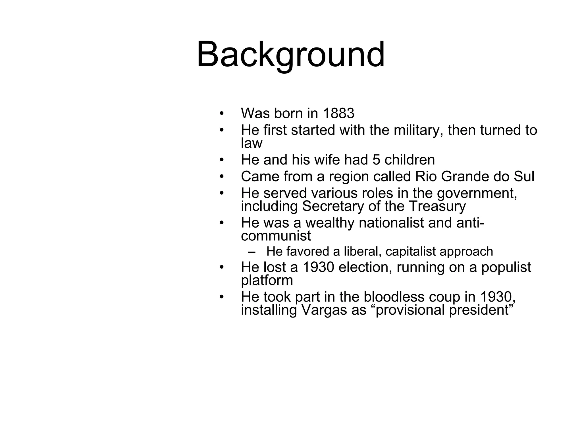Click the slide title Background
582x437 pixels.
point(290,55)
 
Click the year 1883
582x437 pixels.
point(338,114)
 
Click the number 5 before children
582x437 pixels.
point(376,160)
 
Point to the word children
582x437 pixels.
point(410,160)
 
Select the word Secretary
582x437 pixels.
point(333,206)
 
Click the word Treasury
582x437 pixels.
point(437,206)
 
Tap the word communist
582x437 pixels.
point(276,236)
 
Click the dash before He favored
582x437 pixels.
point(251,252)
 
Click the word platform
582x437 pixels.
point(267,281)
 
